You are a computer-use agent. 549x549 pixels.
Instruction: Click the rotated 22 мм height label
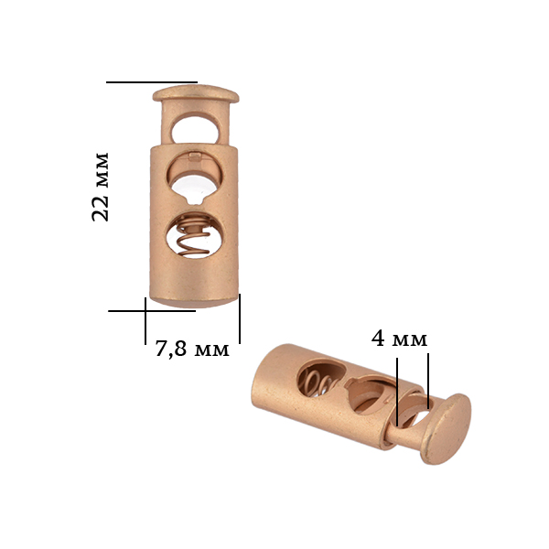[101, 187]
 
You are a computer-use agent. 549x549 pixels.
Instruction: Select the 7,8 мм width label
[192, 350]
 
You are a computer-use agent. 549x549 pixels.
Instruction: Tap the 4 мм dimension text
[399, 339]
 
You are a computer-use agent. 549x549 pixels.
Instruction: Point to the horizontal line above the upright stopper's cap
[151, 82]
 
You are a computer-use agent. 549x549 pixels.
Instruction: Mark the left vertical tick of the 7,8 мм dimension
[145, 320]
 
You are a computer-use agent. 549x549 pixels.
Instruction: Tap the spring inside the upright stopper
[194, 237]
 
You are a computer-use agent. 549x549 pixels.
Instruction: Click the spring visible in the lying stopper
[318, 383]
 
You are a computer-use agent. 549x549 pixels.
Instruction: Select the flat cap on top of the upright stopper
[196, 93]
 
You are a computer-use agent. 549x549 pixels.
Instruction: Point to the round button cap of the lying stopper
[447, 429]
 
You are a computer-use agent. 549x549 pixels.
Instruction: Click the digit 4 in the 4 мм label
[379, 339]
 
